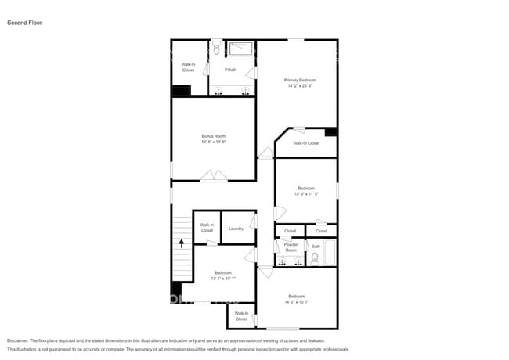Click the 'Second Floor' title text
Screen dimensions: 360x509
[25, 23]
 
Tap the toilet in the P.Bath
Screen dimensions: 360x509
[215, 49]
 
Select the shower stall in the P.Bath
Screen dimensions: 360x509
[242, 49]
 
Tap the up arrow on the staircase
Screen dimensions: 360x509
[182, 243]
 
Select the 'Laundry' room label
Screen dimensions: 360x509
[236, 229]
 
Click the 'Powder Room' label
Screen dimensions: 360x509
[291, 247]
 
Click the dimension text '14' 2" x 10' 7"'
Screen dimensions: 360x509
[296, 301]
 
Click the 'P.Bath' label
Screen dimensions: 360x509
[231, 70]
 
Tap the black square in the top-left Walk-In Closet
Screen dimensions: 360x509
[181, 91]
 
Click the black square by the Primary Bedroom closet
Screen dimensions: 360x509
[331, 132]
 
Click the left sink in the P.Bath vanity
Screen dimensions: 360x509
[218, 93]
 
